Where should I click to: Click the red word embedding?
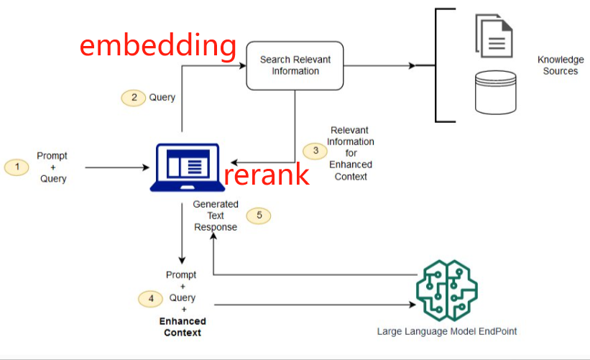pos(157,45)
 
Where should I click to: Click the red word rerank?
pos(267,174)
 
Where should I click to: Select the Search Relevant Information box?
pos(295,65)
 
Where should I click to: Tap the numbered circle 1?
pos(17,167)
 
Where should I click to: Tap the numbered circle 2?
pos(132,98)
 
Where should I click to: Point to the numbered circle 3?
pos(315,151)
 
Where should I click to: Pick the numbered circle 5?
pos(259,215)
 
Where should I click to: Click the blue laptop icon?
pos(185,167)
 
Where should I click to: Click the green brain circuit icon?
pos(446,290)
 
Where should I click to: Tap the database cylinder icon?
pos(496,92)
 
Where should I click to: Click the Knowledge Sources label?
pos(561,65)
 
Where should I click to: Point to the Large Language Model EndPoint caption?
pos(446,331)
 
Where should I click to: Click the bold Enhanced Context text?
pos(183,327)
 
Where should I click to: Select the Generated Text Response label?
pos(216,216)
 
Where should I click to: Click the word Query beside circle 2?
pos(162,97)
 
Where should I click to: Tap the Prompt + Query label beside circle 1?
pos(53,167)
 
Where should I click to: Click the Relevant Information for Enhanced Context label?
pos(350,153)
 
